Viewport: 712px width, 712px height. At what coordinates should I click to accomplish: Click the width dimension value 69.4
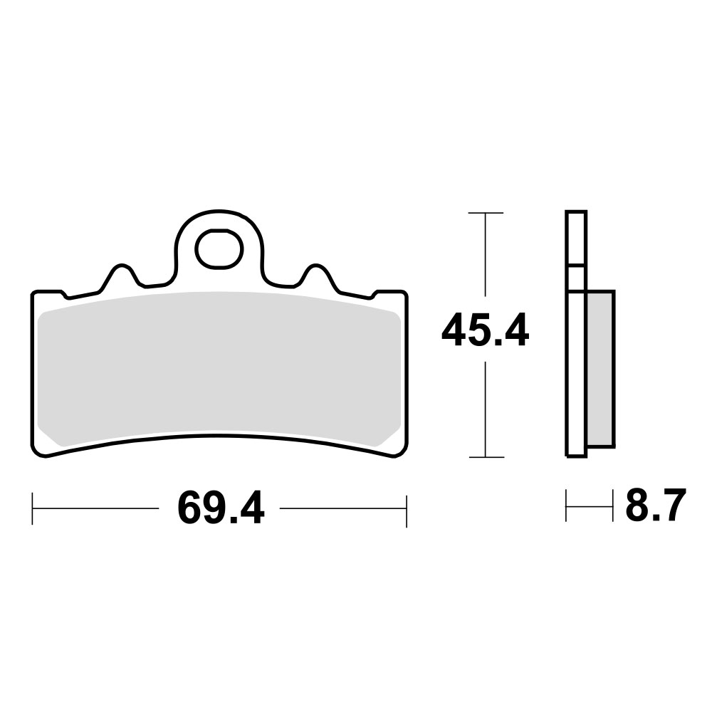tap(220, 508)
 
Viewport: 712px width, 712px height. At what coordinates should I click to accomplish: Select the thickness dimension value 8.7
tap(655, 506)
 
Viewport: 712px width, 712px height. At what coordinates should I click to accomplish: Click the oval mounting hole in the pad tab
tap(219, 249)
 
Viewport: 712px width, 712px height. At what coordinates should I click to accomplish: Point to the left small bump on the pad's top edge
tap(120, 272)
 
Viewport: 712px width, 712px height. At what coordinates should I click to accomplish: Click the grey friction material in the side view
tap(600, 368)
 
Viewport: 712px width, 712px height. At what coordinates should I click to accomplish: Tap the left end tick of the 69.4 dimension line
tap(33, 508)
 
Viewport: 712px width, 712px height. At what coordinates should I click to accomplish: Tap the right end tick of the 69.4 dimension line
tap(406, 508)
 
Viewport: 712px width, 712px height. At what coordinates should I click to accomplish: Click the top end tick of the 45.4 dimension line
tap(485, 213)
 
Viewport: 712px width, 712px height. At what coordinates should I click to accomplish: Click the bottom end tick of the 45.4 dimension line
tap(485, 457)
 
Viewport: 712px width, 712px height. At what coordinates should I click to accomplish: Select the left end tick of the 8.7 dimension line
tap(566, 506)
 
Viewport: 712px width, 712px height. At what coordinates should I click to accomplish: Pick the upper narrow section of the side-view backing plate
tap(575, 239)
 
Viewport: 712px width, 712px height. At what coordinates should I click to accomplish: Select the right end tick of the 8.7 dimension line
tap(612, 506)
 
